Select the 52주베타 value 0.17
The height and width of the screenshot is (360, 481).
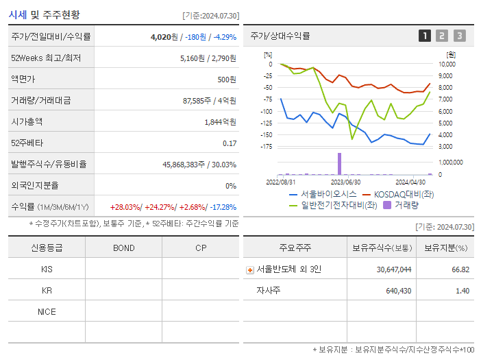tap(229, 143)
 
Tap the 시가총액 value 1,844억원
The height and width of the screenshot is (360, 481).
tap(220, 122)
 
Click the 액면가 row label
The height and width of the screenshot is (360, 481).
tap(22, 80)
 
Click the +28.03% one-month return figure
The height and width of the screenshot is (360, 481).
tap(125, 207)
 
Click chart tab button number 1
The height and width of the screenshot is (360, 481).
tap(425, 36)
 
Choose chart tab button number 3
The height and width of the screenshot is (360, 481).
tap(459, 36)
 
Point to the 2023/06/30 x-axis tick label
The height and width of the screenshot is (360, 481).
tap(345, 182)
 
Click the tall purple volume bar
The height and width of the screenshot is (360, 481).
tap(339, 164)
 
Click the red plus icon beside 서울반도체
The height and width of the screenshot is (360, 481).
tap(250, 270)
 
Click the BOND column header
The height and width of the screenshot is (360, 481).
tap(123, 248)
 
